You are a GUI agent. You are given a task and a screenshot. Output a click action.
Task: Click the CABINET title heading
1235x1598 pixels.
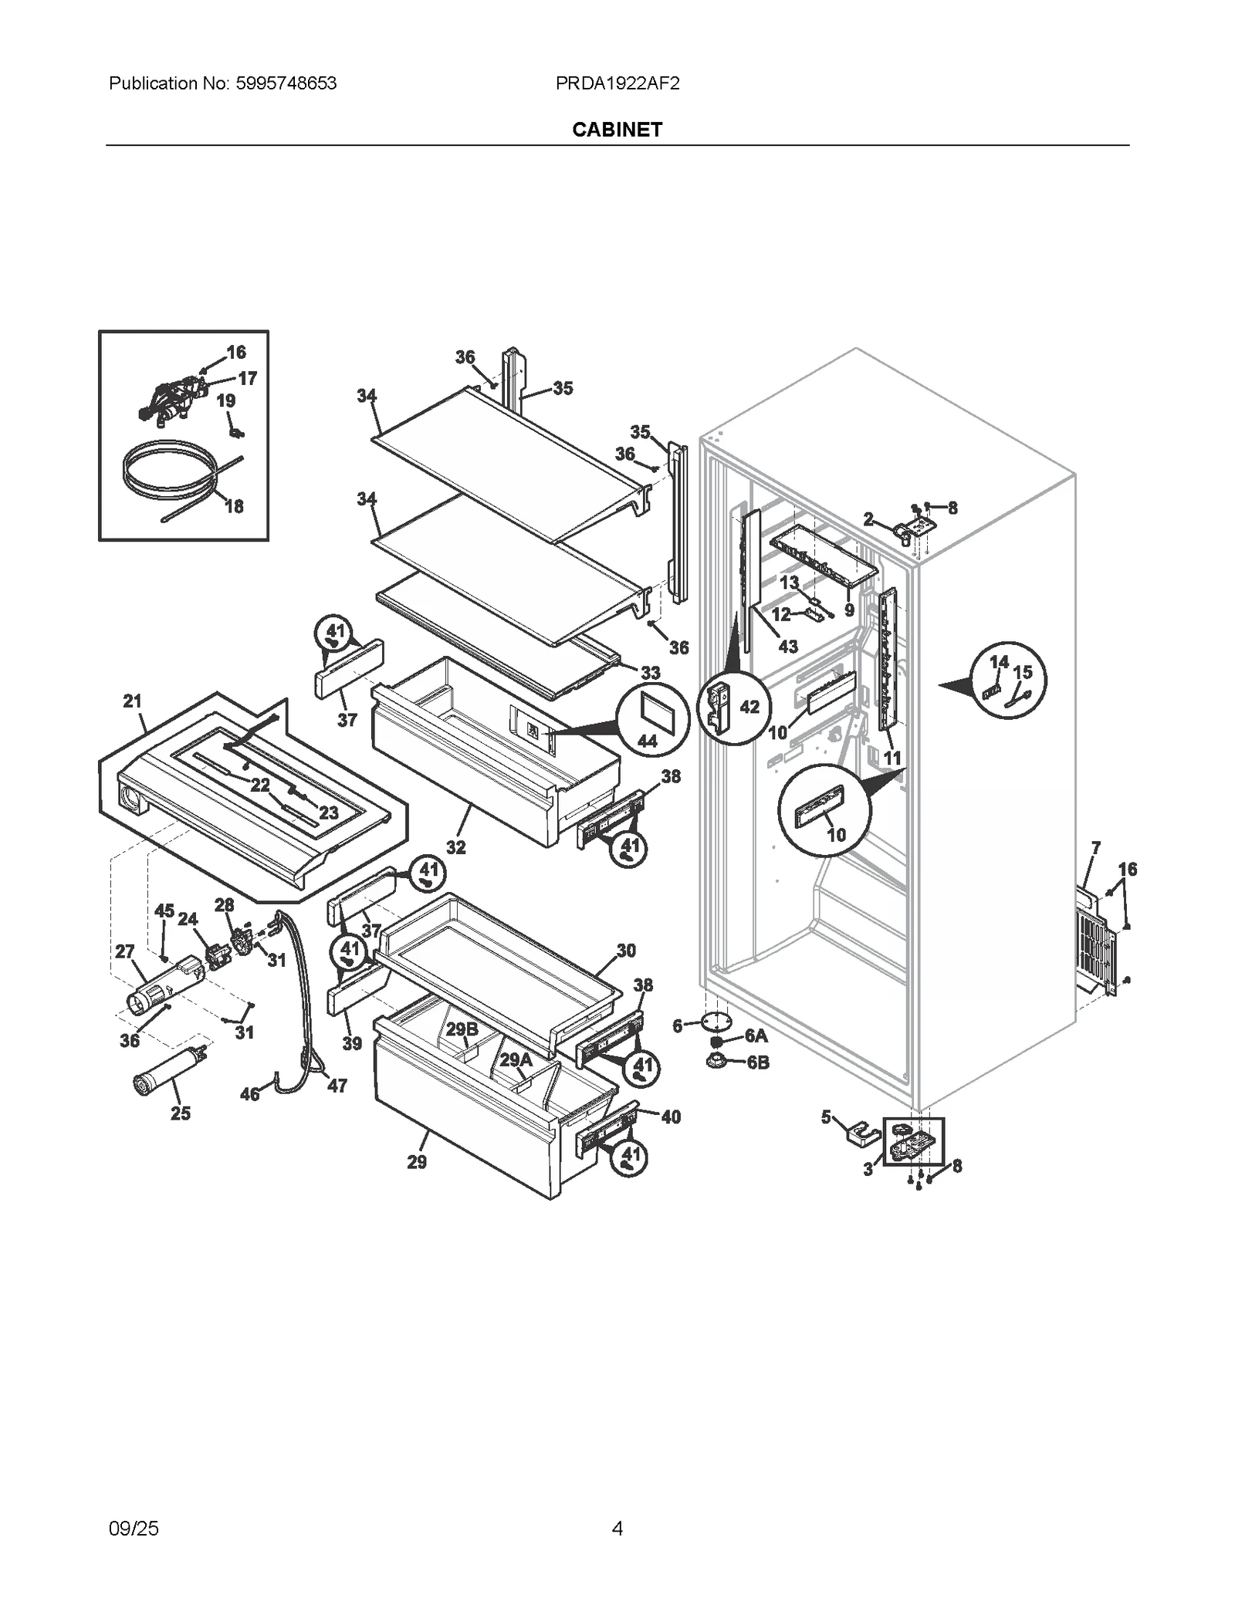pos(617,130)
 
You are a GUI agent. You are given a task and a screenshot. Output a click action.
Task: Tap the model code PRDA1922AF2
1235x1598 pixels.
pos(617,83)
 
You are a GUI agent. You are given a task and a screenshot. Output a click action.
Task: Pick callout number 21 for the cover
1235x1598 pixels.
pos(132,701)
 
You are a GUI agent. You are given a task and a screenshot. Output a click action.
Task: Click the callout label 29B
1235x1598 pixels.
pos(462,1029)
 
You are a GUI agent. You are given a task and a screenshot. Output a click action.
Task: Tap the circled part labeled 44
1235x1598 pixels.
pos(651,721)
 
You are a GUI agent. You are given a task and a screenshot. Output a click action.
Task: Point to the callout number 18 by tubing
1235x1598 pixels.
pos(233,506)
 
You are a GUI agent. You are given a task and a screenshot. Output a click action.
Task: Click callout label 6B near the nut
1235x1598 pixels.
pos(758,1062)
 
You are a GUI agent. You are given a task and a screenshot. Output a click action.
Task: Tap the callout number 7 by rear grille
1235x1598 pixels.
pos(1095,848)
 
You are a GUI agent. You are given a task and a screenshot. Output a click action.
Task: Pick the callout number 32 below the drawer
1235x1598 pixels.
pos(455,846)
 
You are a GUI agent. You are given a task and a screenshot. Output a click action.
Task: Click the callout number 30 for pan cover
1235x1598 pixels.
pos(625,950)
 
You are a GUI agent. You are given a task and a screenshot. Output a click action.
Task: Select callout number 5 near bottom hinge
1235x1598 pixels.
pos(826,1117)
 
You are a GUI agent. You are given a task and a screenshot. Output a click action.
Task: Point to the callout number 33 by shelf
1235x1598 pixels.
pos(650,672)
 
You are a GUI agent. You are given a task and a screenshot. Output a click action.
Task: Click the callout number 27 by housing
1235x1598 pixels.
pos(124,951)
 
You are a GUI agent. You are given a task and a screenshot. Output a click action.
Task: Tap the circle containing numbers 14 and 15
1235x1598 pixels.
pos(1007,680)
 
